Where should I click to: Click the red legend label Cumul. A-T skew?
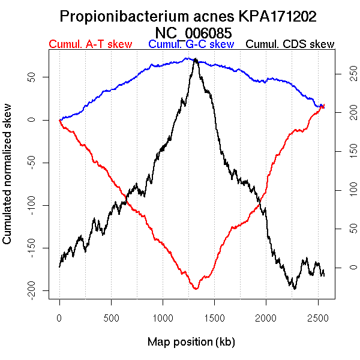pyautogui.click(x=90, y=44)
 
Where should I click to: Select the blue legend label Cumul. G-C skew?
pyautogui.click(x=191, y=44)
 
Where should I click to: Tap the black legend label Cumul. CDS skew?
pyautogui.click(x=290, y=44)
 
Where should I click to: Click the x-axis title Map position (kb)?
pyautogui.click(x=191, y=342)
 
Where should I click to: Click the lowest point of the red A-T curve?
pyautogui.click(x=196, y=289)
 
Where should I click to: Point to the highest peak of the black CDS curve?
pyautogui.click(x=196, y=59)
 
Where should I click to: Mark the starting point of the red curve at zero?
pyautogui.click(x=59, y=120)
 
